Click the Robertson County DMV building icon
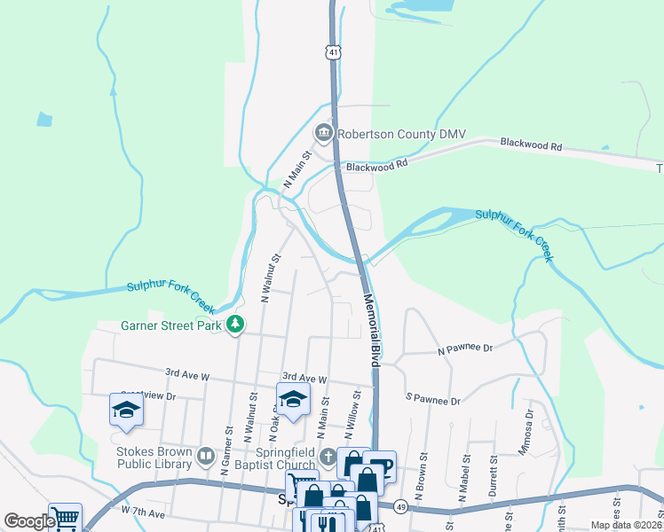tap(323, 134)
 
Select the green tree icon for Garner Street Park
tap(235, 325)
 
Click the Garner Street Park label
tap(170, 325)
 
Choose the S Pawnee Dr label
tap(433, 400)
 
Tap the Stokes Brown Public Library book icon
tap(206, 457)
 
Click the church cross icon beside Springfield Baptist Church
tap(328, 458)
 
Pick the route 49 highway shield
tap(400, 505)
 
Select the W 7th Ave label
tap(144, 513)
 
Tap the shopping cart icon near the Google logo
tap(66, 518)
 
